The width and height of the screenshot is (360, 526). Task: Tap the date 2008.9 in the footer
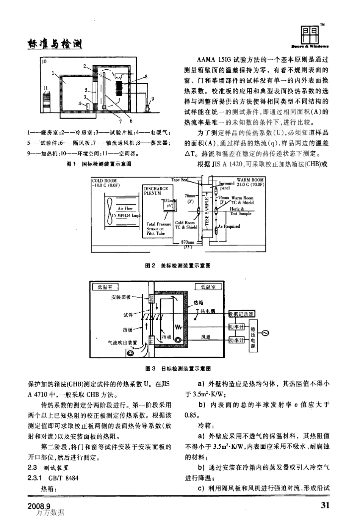point(39,506)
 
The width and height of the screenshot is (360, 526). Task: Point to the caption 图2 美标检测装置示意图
point(178,266)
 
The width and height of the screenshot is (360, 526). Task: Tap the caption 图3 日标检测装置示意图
point(178,368)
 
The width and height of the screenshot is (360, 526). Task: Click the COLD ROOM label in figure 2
point(105,181)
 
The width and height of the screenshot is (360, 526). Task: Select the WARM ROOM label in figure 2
point(250,180)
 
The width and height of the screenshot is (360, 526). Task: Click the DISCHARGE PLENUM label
point(156,191)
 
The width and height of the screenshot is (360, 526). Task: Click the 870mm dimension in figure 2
point(187,242)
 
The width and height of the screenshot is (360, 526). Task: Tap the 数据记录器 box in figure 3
point(241,314)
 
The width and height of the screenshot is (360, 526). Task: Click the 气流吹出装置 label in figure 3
point(122,343)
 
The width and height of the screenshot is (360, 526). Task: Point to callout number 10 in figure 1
point(44,61)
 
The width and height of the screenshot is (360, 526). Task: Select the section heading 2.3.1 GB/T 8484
point(53,478)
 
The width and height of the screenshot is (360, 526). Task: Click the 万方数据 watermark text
point(50,513)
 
